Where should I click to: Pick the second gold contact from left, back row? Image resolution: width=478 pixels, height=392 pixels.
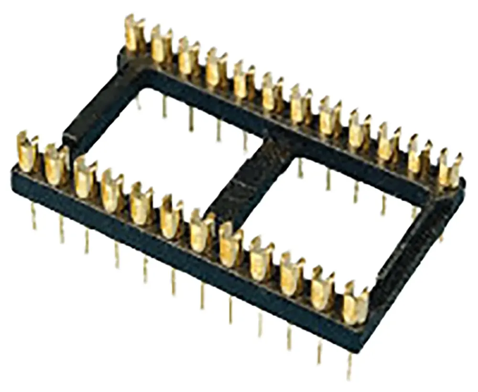point(162,45)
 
